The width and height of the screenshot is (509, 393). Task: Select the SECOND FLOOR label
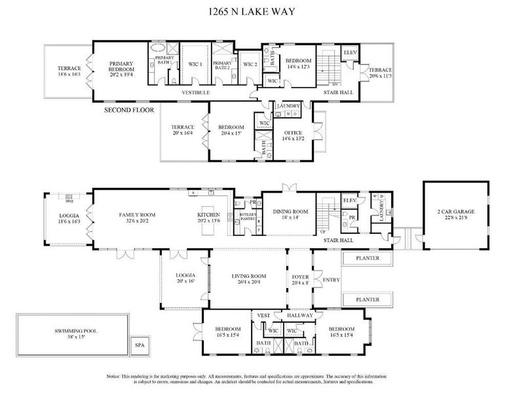click(x=129, y=111)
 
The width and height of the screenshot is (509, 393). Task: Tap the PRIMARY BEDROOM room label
click(x=121, y=69)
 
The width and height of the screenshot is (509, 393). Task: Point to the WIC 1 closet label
click(x=194, y=64)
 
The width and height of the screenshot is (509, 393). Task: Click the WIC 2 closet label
click(x=250, y=64)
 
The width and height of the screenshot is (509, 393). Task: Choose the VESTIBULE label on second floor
click(x=196, y=94)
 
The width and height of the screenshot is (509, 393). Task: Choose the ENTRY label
click(x=332, y=280)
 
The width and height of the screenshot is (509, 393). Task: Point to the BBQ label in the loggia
click(x=68, y=195)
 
